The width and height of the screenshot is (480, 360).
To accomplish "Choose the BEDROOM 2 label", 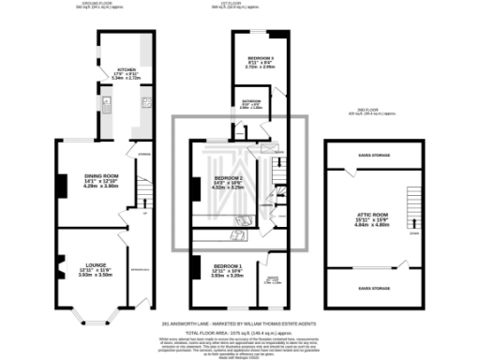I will point(229,178).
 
